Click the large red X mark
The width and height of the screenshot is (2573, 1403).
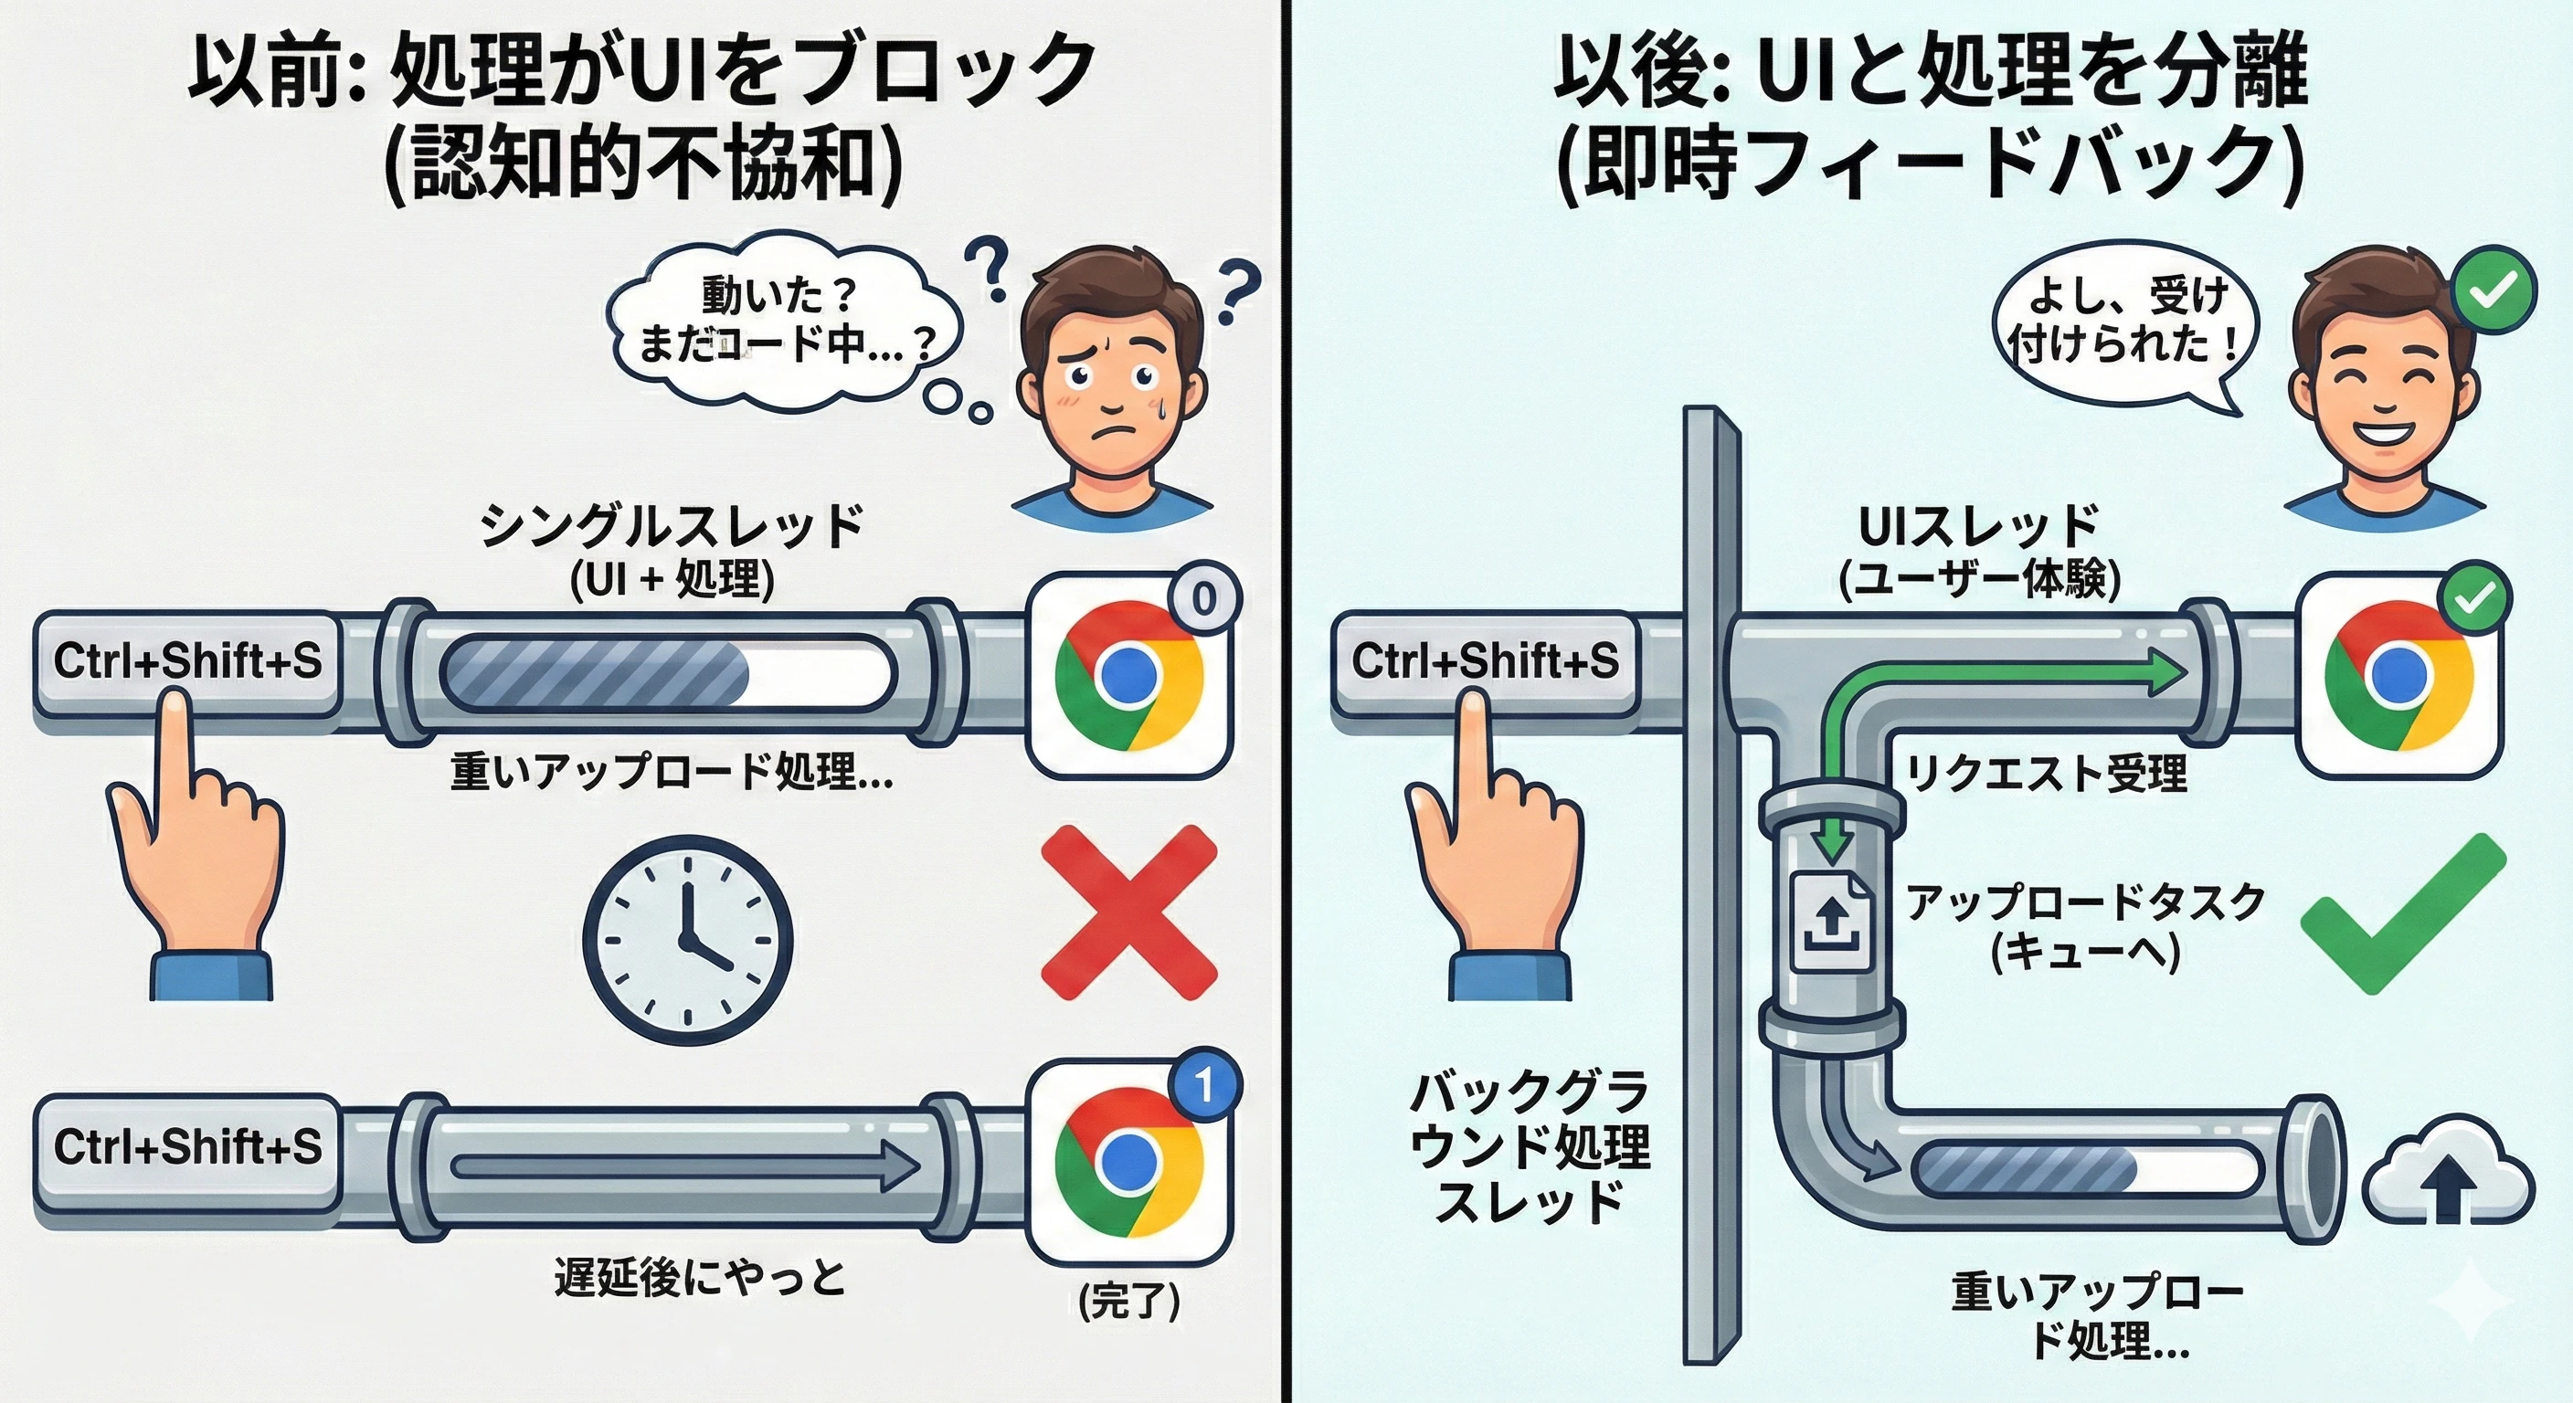(x=1128, y=911)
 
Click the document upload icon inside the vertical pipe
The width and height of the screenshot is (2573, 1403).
(x=1831, y=921)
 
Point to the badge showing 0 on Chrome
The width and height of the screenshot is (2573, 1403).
(x=1203, y=598)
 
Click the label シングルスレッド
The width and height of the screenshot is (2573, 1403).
(x=672, y=526)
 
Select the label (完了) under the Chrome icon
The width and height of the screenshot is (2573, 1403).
(x=1129, y=1301)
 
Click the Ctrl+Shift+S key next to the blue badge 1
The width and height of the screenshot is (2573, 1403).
(x=188, y=1147)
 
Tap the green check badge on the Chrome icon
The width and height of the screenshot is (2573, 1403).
(x=2473, y=597)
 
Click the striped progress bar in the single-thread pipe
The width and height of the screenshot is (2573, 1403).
(x=665, y=674)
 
